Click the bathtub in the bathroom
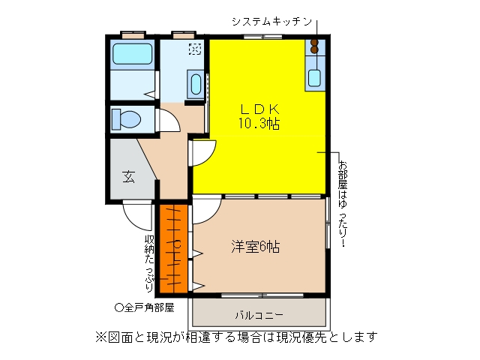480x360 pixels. click(132, 54)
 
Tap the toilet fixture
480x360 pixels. click(126, 119)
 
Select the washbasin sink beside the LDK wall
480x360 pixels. click(196, 84)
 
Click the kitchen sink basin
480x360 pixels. click(314, 78)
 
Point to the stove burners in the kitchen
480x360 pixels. click(314, 46)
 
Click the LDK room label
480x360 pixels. click(260, 109)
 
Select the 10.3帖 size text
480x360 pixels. click(259, 124)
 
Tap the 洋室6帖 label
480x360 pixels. click(255, 247)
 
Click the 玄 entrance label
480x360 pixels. click(128, 177)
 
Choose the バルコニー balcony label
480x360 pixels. click(259, 315)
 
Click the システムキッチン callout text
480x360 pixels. click(271, 22)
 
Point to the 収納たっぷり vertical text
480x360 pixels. click(149, 263)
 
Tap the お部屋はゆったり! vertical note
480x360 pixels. click(343, 204)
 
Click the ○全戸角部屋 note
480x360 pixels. click(145, 307)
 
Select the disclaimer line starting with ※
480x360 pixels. click(236, 337)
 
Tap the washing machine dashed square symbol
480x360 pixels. click(195, 49)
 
